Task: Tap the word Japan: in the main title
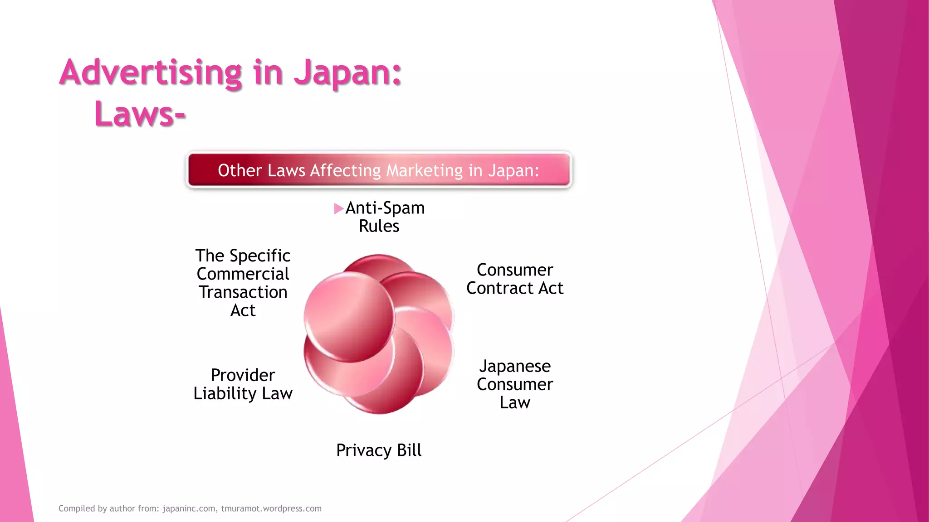pyautogui.click(x=347, y=72)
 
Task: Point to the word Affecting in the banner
pyautogui.click(x=345, y=170)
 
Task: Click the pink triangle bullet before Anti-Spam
pyautogui.click(x=338, y=208)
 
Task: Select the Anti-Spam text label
pyautogui.click(x=385, y=208)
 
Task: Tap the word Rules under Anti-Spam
pyautogui.click(x=379, y=226)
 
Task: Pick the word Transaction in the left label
pyautogui.click(x=243, y=292)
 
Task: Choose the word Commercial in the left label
pyautogui.click(x=243, y=274)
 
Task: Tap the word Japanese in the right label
pyautogui.click(x=515, y=366)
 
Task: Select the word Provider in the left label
pyautogui.click(x=243, y=375)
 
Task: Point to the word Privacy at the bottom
pyautogui.click(x=363, y=450)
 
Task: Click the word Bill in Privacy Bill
pyautogui.click(x=409, y=450)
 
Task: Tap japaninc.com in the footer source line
pyautogui.click(x=189, y=508)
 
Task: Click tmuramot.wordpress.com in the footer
pyautogui.click(x=271, y=508)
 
